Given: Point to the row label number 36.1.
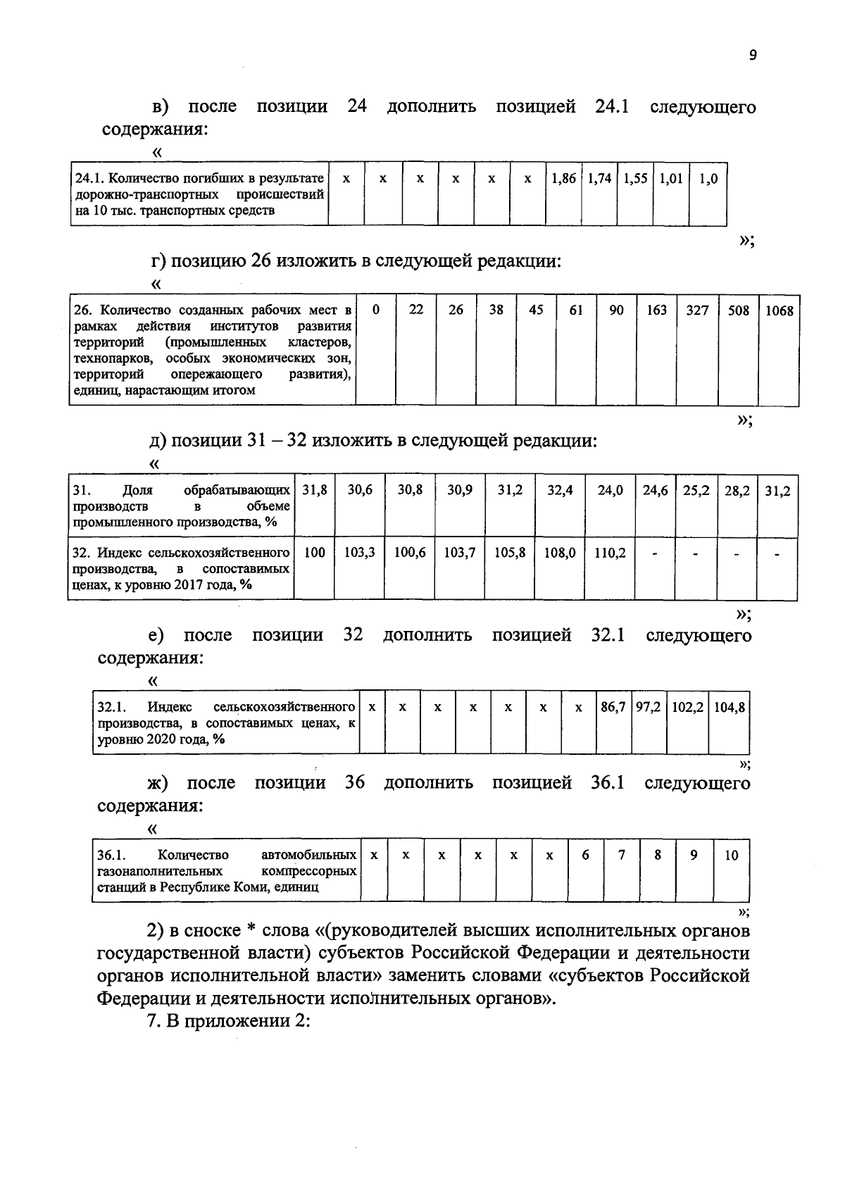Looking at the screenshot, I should pyautogui.click(x=111, y=856).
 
